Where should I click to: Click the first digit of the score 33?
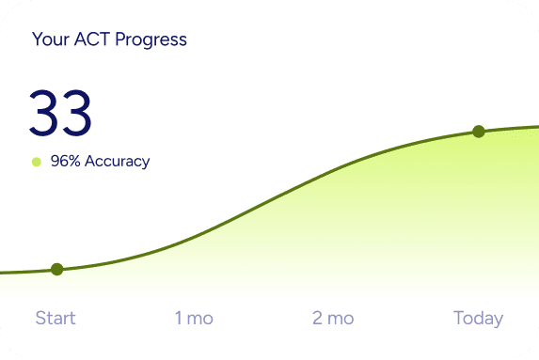(x=44, y=114)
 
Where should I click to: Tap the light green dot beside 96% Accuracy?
(x=37, y=162)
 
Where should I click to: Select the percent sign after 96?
(x=74, y=161)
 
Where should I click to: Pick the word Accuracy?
(x=117, y=161)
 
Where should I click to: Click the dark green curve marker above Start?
(x=56, y=269)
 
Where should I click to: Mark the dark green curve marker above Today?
(x=478, y=132)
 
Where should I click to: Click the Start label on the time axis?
(x=55, y=318)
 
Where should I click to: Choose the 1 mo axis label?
(x=194, y=318)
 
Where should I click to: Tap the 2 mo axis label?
(x=333, y=318)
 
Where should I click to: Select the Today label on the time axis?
(x=478, y=318)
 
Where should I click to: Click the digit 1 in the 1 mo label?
(x=179, y=318)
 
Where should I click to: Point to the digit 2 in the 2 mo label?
(x=318, y=318)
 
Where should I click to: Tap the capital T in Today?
(x=459, y=318)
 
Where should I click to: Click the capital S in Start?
(x=40, y=318)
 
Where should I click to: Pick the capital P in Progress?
(x=121, y=39)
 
